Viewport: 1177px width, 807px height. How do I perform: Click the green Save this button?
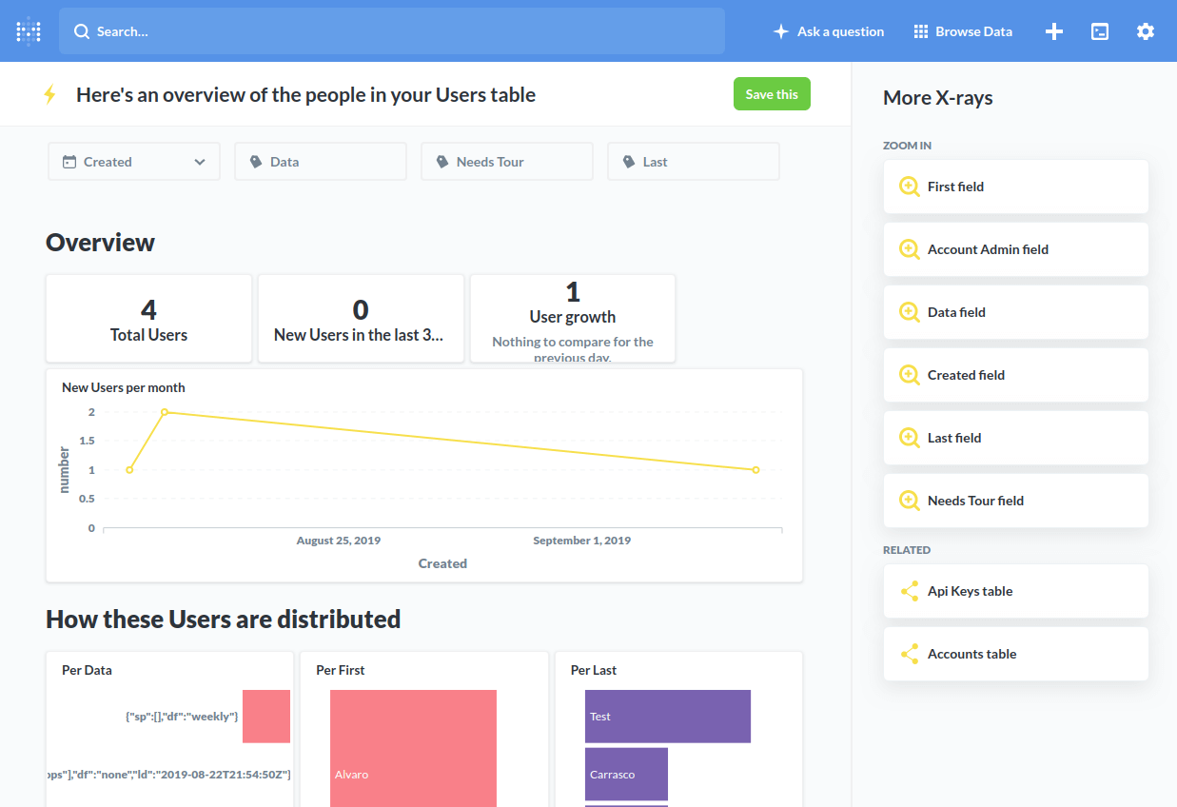pos(772,94)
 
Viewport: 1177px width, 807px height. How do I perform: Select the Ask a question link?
pos(829,31)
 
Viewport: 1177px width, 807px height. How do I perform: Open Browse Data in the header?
pos(963,31)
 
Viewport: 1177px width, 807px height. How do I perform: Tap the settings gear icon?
pos(1145,31)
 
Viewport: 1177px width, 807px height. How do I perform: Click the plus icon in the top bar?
pos(1054,31)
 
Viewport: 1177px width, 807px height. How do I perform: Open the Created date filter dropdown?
pos(134,162)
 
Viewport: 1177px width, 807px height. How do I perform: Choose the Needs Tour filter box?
pos(506,162)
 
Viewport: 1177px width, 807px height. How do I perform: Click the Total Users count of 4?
pos(148,310)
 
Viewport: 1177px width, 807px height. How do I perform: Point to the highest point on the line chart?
pos(165,412)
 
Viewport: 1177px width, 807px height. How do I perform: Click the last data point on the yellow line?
pos(755,470)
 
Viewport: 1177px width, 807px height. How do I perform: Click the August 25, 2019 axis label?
pos(339,541)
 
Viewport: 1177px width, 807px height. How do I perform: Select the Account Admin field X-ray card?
pos(1015,249)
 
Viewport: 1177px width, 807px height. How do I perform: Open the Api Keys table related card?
pos(1015,591)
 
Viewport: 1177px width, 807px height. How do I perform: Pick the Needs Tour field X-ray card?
pos(1015,501)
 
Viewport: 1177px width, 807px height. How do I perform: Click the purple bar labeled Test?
pos(667,717)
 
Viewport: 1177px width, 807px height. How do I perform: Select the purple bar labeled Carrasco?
pos(626,774)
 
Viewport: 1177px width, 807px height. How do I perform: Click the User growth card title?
pos(572,317)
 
